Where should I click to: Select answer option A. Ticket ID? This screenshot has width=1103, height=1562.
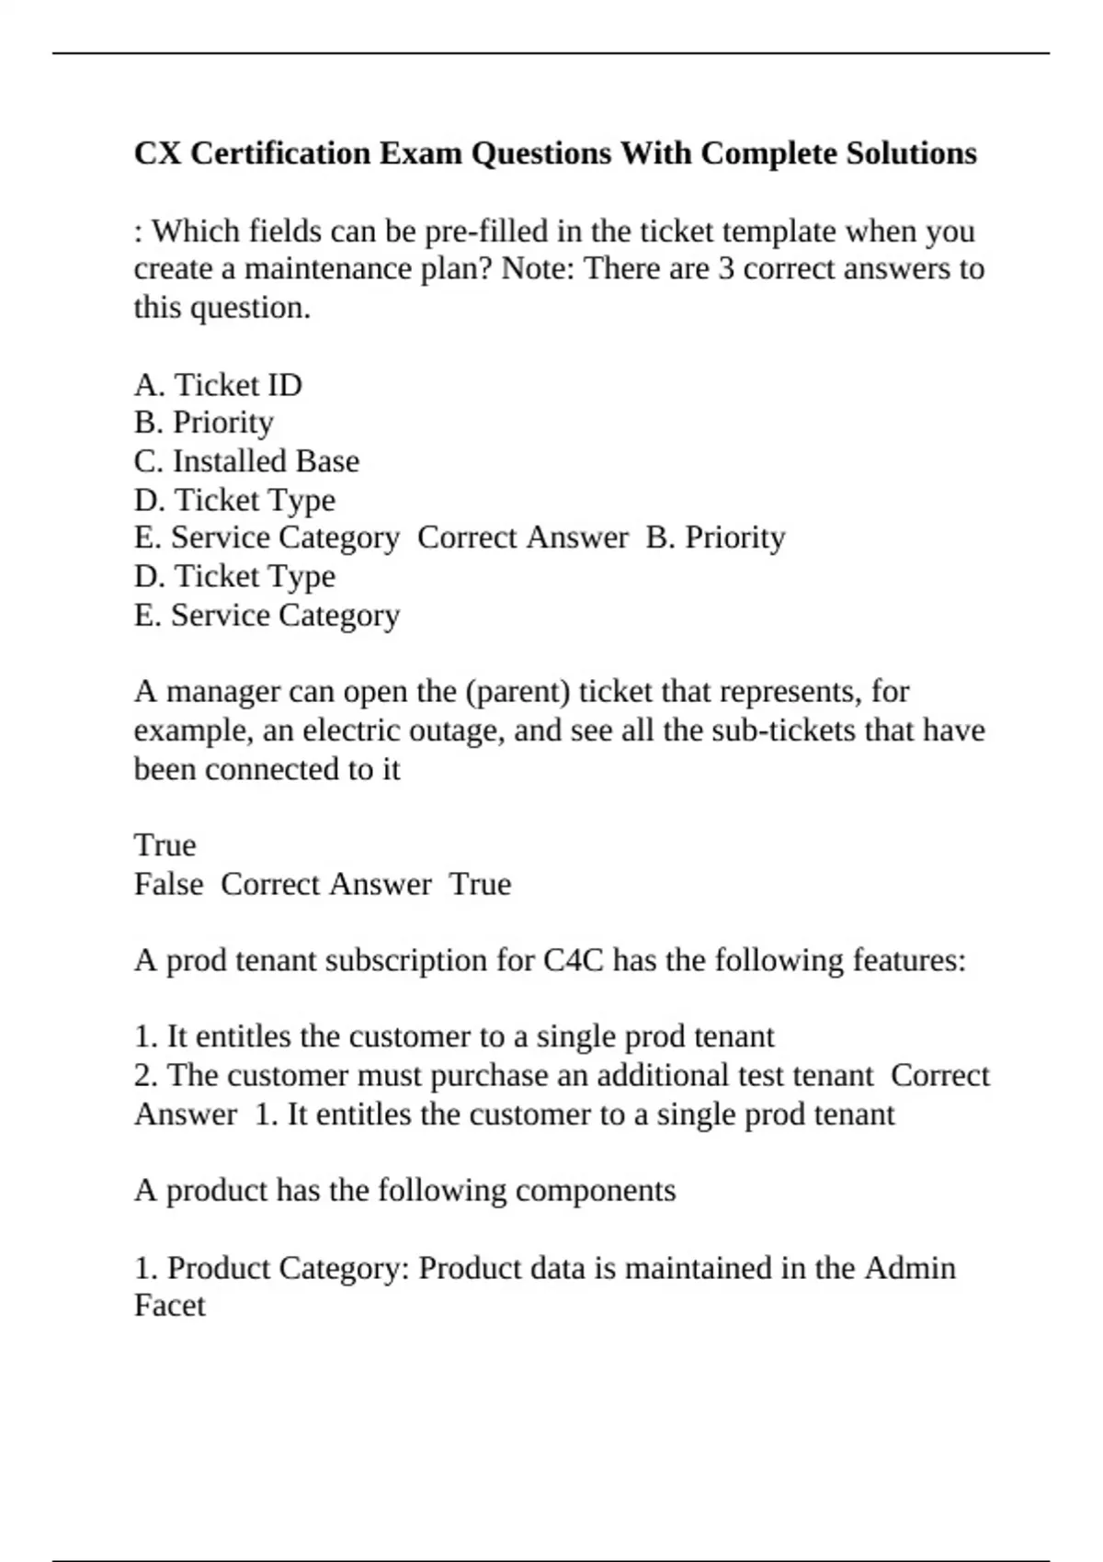click(218, 384)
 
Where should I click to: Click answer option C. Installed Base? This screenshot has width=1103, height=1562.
click(246, 460)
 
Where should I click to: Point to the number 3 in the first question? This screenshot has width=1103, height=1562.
click(725, 268)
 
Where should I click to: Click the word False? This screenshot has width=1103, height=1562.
click(168, 884)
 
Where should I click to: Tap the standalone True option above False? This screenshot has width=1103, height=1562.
click(165, 844)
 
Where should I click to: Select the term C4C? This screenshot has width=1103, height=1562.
click(574, 960)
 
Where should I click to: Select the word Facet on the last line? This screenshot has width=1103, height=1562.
click(170, 1306)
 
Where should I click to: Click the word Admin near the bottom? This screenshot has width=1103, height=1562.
click(910, 1268)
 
